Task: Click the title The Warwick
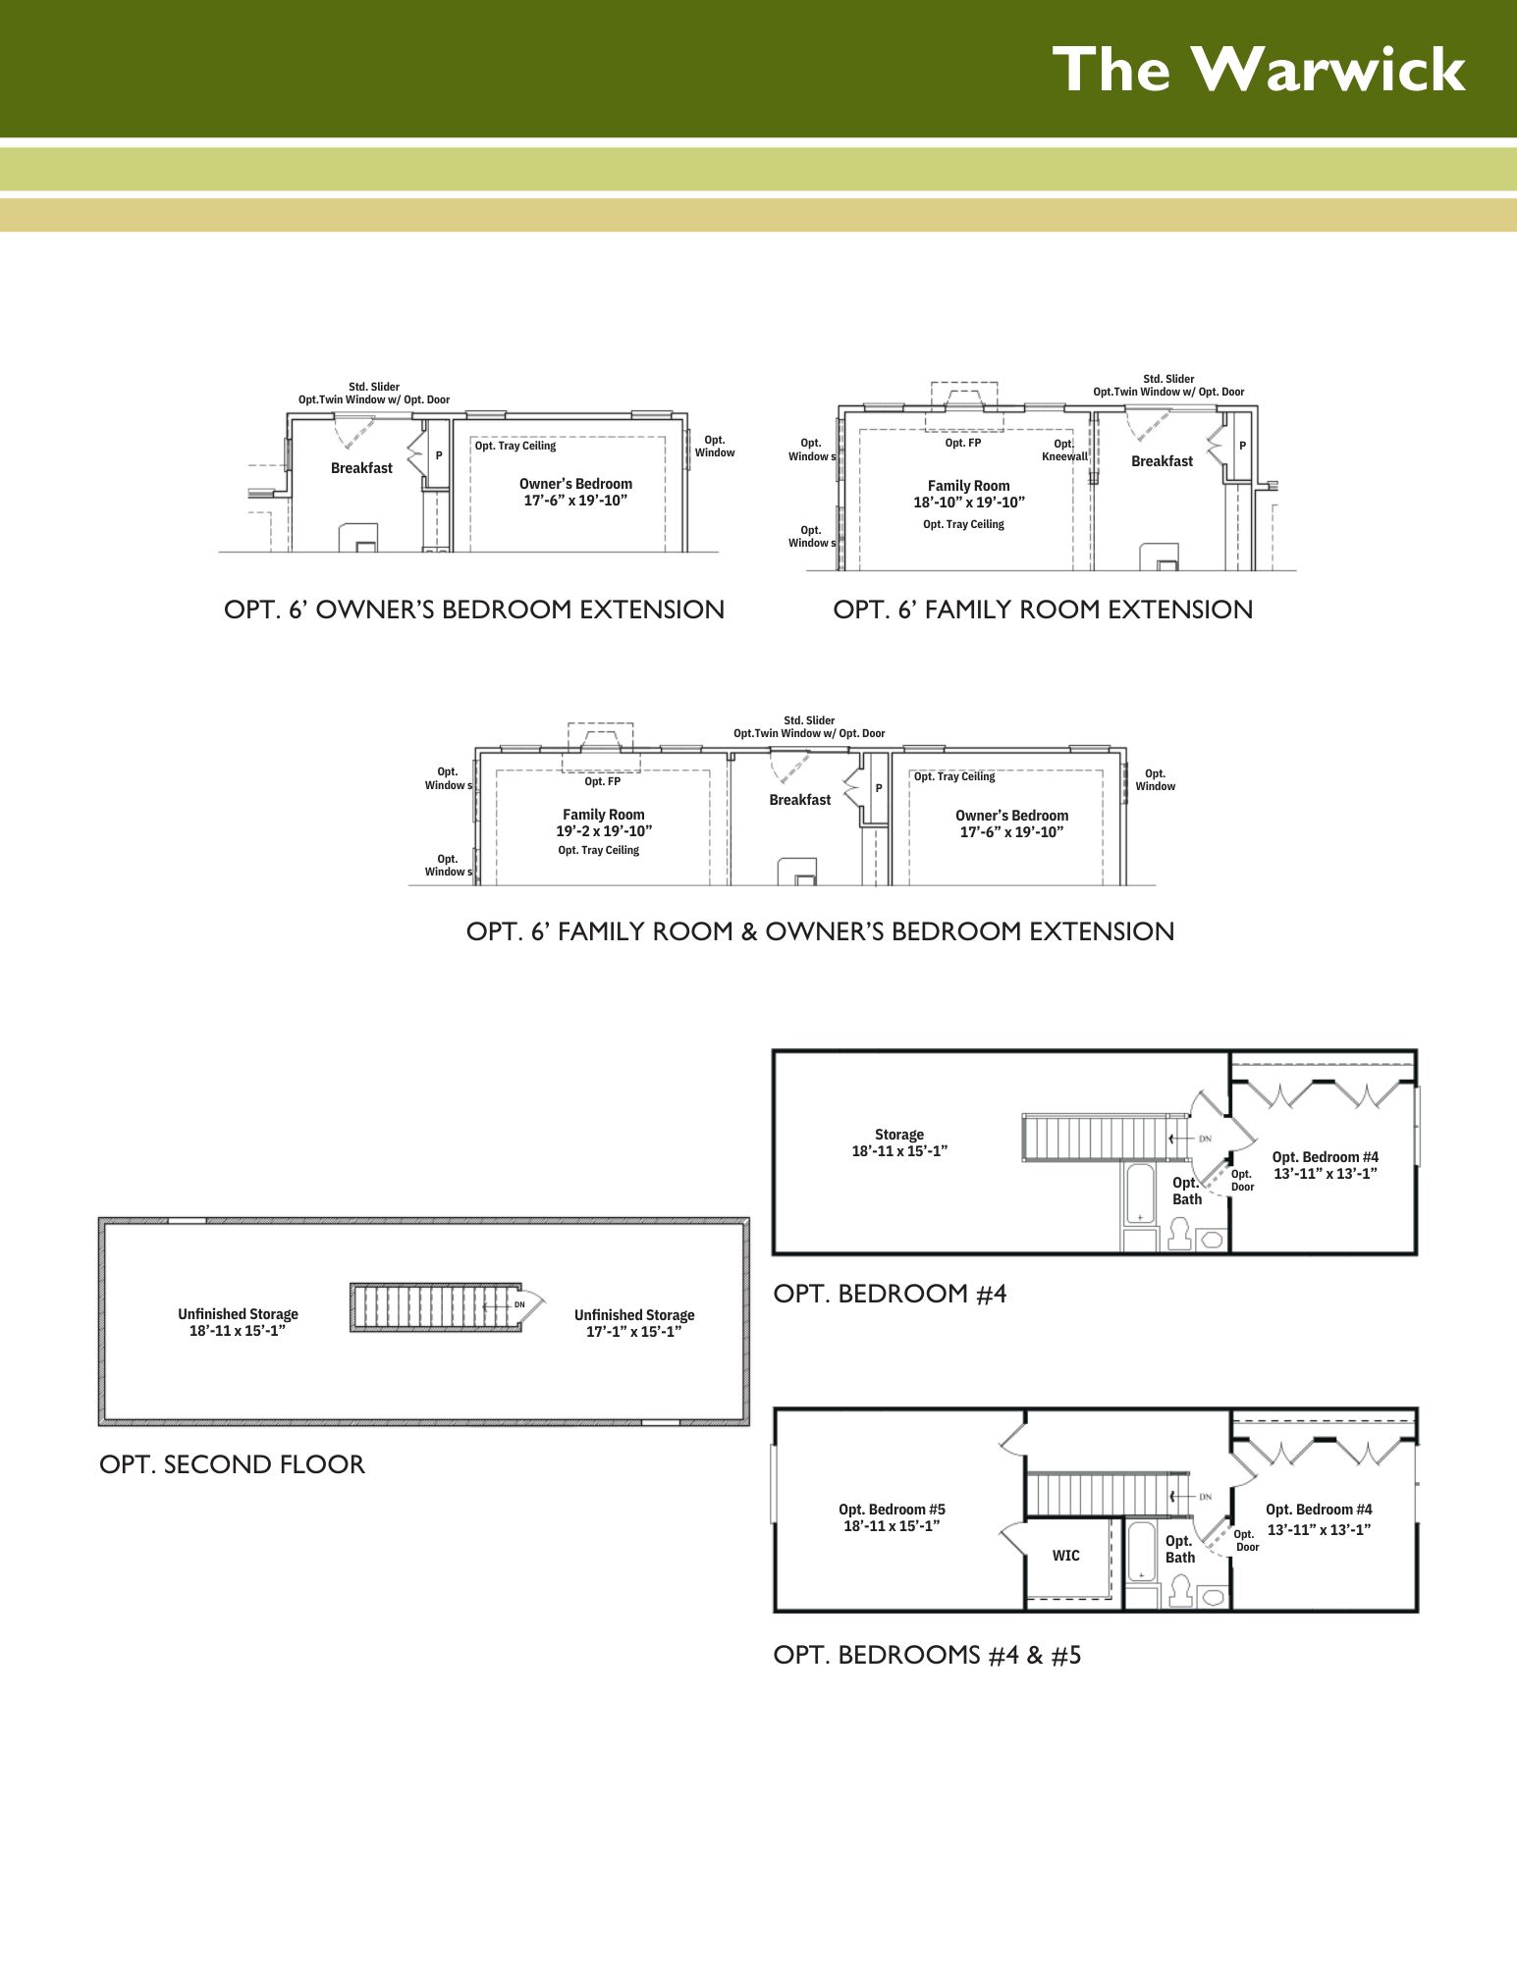click(x=1259, y=70)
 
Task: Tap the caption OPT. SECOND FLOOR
click(x=232, y=1464)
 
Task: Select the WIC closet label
click(x=1065, y=1556)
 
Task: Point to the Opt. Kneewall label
click(x=1064, y=450)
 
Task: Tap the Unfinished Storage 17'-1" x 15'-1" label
click(x=634, y=1323)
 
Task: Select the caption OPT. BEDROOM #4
click(x=890, y=1294)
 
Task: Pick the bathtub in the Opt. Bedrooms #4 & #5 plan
click(x=1141, y=1552)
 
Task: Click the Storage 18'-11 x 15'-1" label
click(x=899, y=1142)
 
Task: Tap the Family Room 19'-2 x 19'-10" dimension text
click(x=604, y=831)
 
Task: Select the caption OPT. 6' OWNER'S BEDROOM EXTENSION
click(x=474, y=610)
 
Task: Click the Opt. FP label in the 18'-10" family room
click(x=963, y=443)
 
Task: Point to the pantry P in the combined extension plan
click(x=879, y=788)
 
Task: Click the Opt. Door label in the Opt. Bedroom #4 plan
click(x=1242, y=1180)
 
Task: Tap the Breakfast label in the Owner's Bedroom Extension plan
click(x=361, y=468)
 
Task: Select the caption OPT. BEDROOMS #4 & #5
click(x=927, y=1655)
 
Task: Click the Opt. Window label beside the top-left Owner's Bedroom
click(x=715, y=447)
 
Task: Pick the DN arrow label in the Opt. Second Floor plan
click(x=519, y=1304)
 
